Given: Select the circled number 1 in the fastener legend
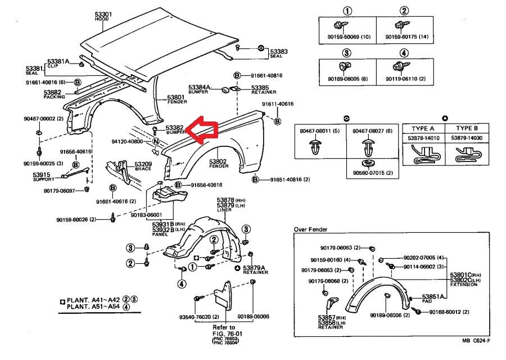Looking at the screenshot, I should click(x=347, y=11).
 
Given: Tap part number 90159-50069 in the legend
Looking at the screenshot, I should click(x=347, y=37).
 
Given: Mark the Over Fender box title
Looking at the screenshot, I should click(x=310, y=229).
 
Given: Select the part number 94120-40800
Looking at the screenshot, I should click(x=128, y=141).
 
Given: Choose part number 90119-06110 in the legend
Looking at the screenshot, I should click(x=406, y=79).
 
